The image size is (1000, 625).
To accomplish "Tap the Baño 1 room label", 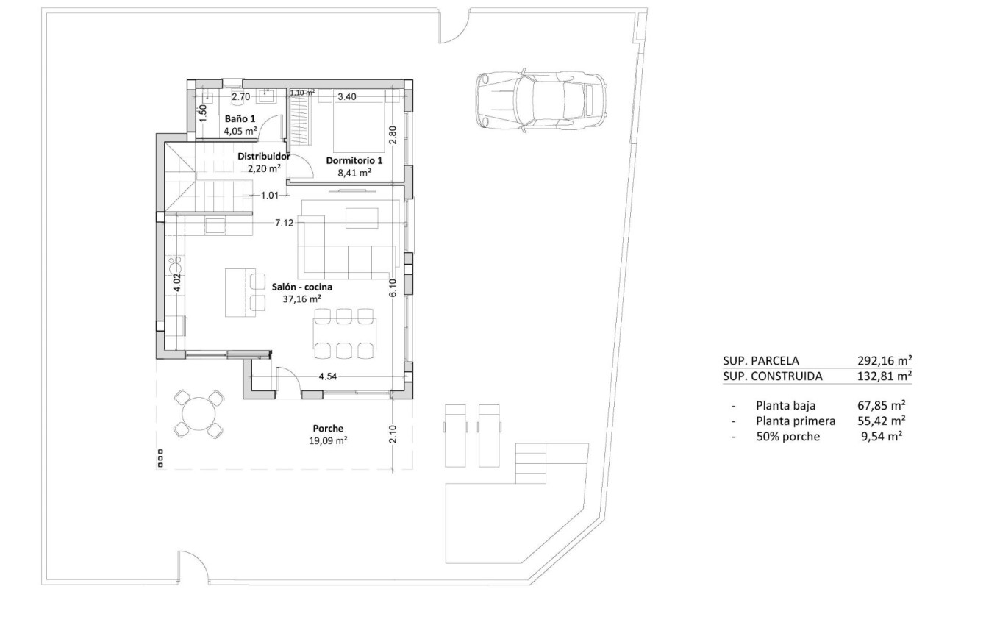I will (240, 118).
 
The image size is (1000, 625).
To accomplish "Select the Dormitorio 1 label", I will (354, 160).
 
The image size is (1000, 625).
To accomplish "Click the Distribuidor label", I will (264, 157).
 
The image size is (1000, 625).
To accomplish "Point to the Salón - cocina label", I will (301, 287).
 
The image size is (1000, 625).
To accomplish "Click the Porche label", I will (328, 429).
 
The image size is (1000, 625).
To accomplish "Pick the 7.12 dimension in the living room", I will (285, 222).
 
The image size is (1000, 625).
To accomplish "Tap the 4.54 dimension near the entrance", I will (328, 376).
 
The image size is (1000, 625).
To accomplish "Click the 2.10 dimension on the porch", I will (393, 434).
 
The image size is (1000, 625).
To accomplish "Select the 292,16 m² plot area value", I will (885, 360).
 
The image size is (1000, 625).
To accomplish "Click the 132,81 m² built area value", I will (885, 376).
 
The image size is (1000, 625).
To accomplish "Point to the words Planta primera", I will (795, 421).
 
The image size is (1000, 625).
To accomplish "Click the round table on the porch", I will (198, 414).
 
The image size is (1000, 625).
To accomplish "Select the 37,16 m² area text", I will (301, 299).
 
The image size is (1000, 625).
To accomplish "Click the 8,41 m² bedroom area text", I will (354, 173).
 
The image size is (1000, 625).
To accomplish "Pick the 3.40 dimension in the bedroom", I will (347, 96).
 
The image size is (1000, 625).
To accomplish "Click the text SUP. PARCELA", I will (761, 360).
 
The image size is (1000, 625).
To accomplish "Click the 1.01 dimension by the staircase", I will (271, 196).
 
